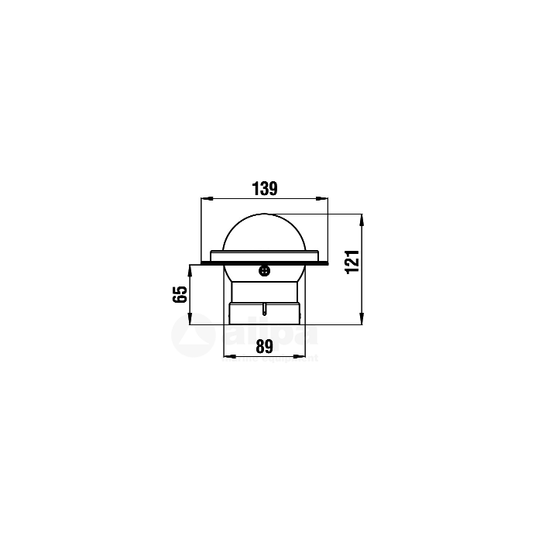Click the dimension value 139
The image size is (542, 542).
[x=265, y=188]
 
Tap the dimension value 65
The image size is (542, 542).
[x=180, y=294]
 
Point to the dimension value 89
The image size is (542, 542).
[x=265, y=348]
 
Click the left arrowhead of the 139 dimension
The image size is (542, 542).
[x=204, y=199]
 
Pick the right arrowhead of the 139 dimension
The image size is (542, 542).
[x=325, y=199]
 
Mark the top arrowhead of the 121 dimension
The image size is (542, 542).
[x=361, y=217]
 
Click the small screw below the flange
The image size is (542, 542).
[x=264, y=270]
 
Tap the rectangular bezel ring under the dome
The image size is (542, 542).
[x=264, y=256]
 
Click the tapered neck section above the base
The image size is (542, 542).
[x=264, y=292]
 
